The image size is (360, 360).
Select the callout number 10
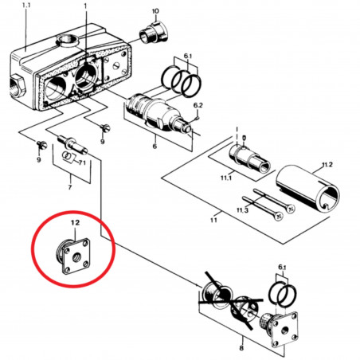(x=155, y=11)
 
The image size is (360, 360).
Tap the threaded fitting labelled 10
(x=151, y=34)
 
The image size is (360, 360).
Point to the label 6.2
(x=198, y=105)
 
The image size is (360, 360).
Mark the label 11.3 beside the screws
(x=241, y=209)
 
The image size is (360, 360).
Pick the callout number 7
(x=70, y=188)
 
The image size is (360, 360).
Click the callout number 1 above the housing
(x=85, y=6)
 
